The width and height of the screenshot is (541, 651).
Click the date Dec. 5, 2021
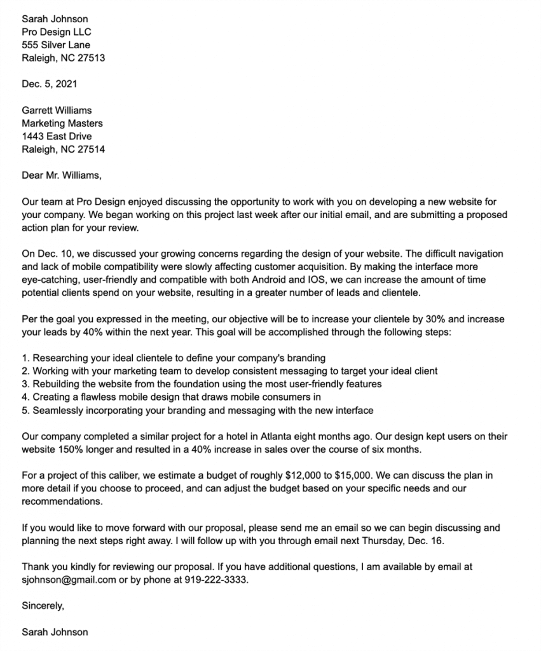pos(50,84)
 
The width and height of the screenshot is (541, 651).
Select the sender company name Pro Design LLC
pos(57,32)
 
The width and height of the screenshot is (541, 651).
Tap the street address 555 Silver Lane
pos(56,45)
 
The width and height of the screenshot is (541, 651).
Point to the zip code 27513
pos(91,58)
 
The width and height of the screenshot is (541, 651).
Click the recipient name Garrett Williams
pos(57,111)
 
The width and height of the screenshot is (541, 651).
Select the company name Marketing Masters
pos(62,123)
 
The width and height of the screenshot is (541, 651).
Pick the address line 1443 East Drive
pos(57,137)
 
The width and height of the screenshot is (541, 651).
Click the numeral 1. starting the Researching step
pos(25,359)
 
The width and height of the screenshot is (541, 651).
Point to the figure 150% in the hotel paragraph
pos(72,450)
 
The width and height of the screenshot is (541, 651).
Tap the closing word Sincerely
pos(42,606)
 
